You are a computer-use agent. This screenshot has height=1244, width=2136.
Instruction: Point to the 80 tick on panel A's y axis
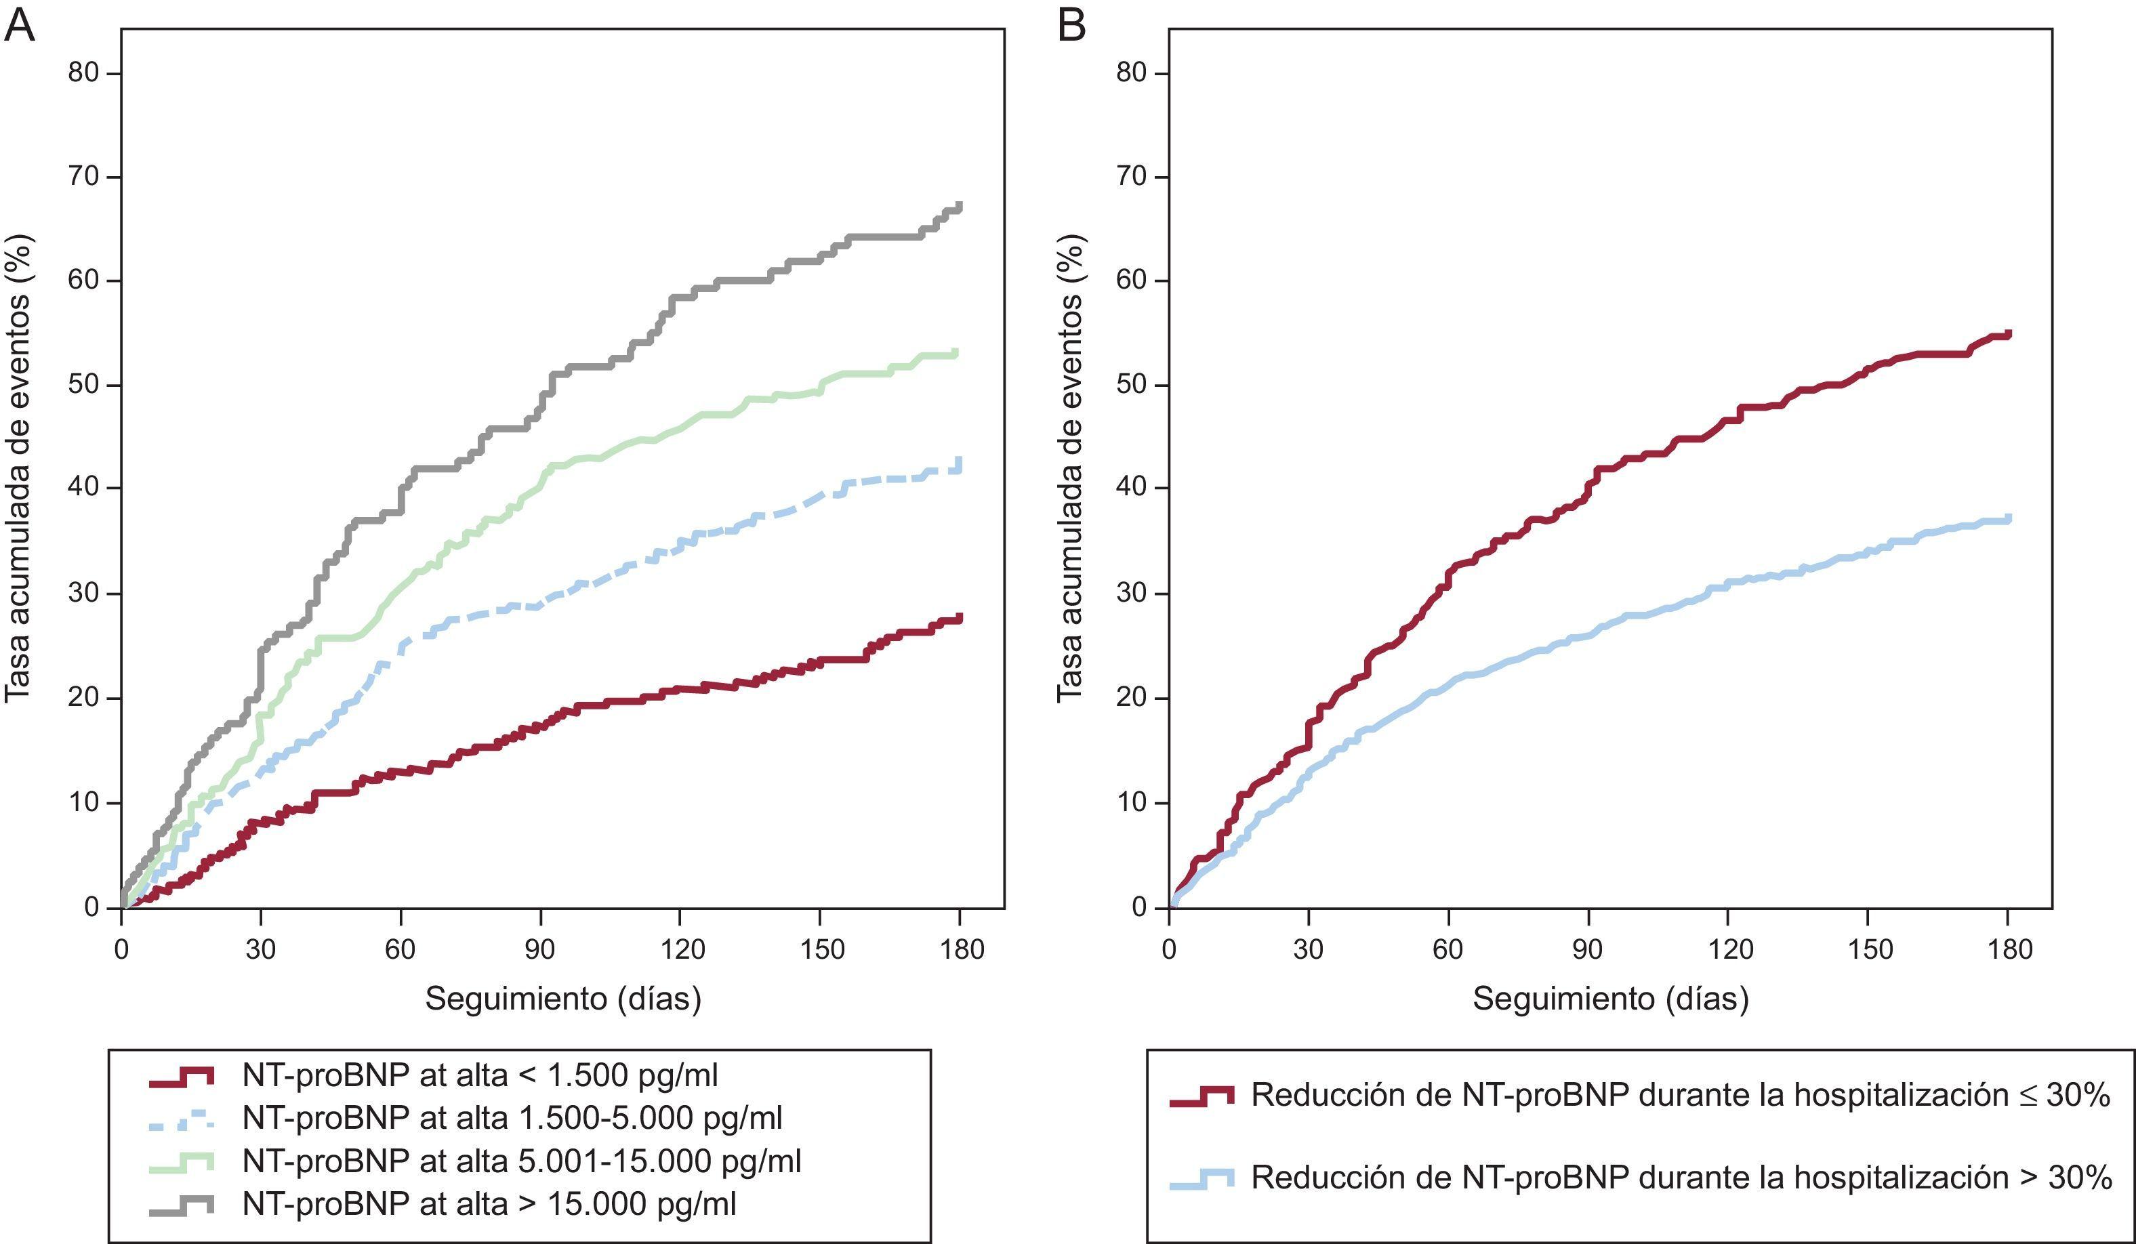83,73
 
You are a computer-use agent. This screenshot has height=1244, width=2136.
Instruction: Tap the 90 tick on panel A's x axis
540,949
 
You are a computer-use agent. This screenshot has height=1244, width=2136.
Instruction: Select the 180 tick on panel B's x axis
2008,949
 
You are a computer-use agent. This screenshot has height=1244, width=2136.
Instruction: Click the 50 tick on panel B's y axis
1132,385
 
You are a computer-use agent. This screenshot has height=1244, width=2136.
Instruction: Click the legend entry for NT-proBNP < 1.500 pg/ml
480,1075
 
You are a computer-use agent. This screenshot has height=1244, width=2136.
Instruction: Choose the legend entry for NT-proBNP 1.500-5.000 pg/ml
512,1118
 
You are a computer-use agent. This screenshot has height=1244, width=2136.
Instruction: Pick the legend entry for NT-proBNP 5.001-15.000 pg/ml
521,1160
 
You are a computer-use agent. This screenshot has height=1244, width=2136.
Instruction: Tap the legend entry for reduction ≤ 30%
1680,1096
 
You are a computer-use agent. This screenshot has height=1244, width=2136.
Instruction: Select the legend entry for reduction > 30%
1680,1177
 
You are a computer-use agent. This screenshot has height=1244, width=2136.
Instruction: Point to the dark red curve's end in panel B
2008,334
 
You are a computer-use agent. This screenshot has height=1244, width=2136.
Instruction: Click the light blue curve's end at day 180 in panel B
2008,518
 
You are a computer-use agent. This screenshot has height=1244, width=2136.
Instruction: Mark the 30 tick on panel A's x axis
261,949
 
